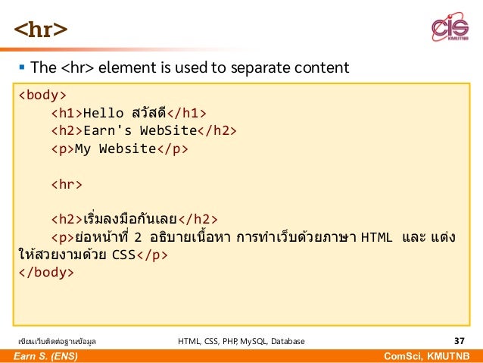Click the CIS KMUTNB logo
(x=449, y=30)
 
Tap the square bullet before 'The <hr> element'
(x=20, y=68)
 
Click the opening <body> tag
(x=42, y=95)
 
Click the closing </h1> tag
(x=187, y=113)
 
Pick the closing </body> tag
(x=46, y=272)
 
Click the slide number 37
(x=459, y=341)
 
